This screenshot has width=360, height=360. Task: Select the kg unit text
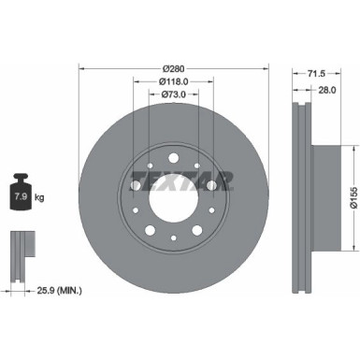40,198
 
